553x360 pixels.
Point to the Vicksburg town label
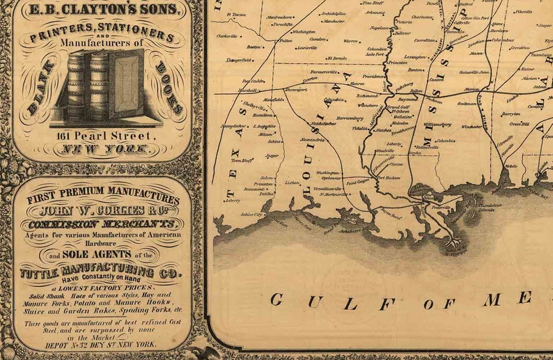[x=405, y=87]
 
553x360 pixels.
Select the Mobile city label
[x=512, y=166]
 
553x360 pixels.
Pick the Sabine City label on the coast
[x=251, y=215]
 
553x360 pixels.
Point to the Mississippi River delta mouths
[x=453, y=244]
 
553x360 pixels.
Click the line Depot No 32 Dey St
[x=101, y=344]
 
